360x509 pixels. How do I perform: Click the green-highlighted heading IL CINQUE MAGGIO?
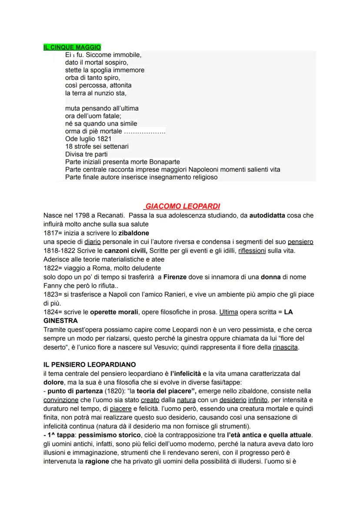(x=72, y=47)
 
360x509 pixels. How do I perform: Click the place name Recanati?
(x=110, y=216)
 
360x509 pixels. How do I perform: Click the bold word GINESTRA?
(x=60, y=321)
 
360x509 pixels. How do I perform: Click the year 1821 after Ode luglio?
(x=103, y=139)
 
